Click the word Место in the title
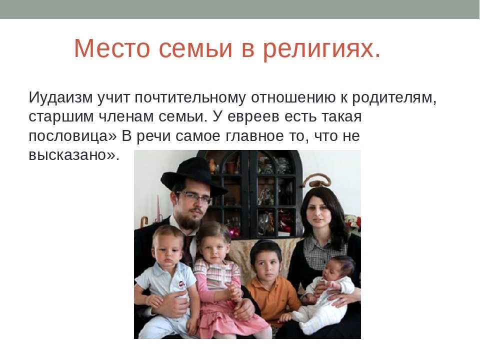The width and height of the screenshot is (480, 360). pos(112,48)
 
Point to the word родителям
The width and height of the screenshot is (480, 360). pos(394,98)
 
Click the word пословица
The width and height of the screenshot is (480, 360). pos(72,136)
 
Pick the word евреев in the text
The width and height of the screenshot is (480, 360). pos(253,117)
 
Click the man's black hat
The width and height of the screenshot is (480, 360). pos(193,175)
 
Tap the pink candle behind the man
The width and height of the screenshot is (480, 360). pos(158,208)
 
